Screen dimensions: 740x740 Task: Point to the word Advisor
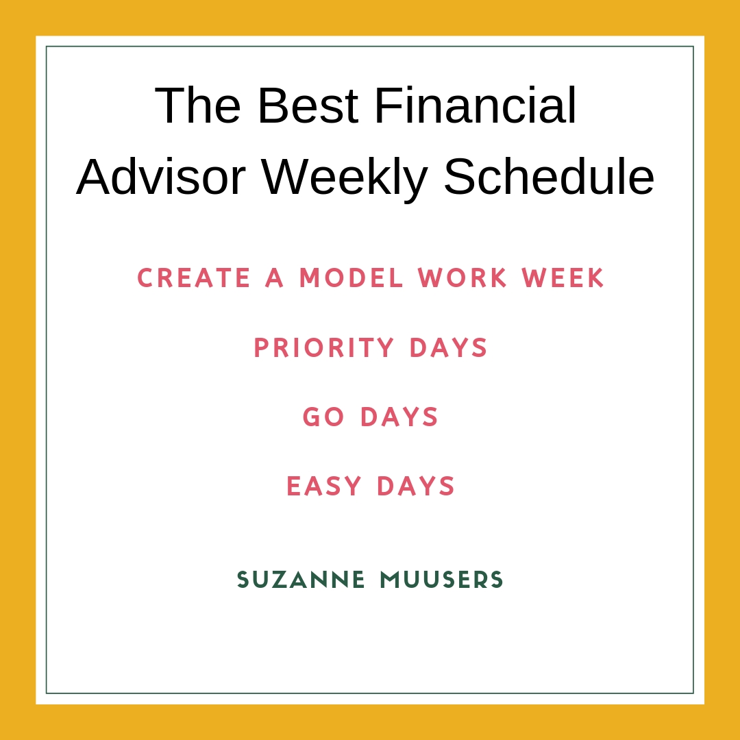tap(161, 176)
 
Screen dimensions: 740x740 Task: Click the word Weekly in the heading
tap(345, 180)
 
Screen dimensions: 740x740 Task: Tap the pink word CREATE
tap(193, 277)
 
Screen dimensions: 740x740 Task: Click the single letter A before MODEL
tap(274, 277)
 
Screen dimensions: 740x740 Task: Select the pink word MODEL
tap(351, 277)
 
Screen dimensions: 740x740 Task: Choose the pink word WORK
tap(463, 277)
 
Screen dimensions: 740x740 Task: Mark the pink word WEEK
tap(563, 277)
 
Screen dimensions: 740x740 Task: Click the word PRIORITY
tap(324, 348)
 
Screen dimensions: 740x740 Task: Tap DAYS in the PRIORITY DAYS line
tap(448, 348)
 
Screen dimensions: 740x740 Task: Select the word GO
tap(323, 417)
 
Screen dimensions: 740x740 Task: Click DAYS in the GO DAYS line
tap(399, 417)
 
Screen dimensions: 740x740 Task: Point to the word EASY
tap(324, 486)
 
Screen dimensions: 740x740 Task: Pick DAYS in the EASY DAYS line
tap(416, 486)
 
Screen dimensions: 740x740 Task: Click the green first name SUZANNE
tap(301, 580)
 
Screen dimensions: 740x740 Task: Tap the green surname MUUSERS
tap(442, 580)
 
